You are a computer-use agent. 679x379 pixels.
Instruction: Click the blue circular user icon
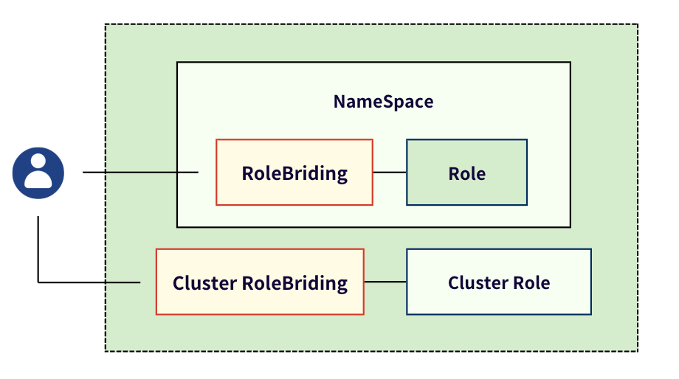point(38,173)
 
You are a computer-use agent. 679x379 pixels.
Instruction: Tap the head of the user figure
point(38,164)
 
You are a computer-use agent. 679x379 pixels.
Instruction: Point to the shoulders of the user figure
point(38,181)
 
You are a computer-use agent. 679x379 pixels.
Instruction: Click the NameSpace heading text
point(383,102)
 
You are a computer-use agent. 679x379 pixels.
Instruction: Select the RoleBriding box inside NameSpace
point(294,173)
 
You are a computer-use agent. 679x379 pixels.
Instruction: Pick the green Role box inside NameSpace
point(466,173)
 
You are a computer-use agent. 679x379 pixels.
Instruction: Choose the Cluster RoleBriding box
point(260,282)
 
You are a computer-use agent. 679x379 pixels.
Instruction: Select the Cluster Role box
point(499,282)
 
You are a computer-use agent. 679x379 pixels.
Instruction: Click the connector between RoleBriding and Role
point(390,173)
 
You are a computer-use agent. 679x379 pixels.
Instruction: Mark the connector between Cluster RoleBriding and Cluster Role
point(385,282)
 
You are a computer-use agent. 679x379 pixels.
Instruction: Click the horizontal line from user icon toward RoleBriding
point(140,173)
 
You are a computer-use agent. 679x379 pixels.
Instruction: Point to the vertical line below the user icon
point(38,247)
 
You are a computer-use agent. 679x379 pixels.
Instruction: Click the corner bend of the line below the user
point(38,282)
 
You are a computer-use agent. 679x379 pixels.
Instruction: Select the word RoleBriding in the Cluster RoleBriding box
point(294,283)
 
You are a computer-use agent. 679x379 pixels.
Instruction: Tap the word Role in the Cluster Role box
point(533,283)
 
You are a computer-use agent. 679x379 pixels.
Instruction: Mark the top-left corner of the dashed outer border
point(106,24)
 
